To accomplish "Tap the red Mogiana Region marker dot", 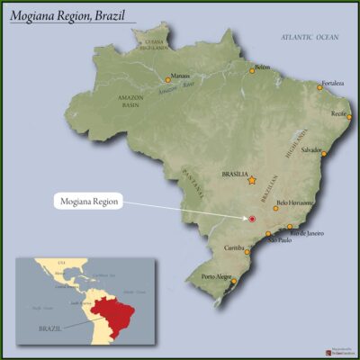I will click(x=253, y=219).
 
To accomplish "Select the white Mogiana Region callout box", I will click(x=86, y=201).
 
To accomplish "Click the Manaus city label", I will click(x=180, y=76).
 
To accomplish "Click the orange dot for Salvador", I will click(x=325, y=154).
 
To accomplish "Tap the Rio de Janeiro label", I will click(x=307, y=233).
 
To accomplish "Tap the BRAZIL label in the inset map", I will click(x=51, y=328).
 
